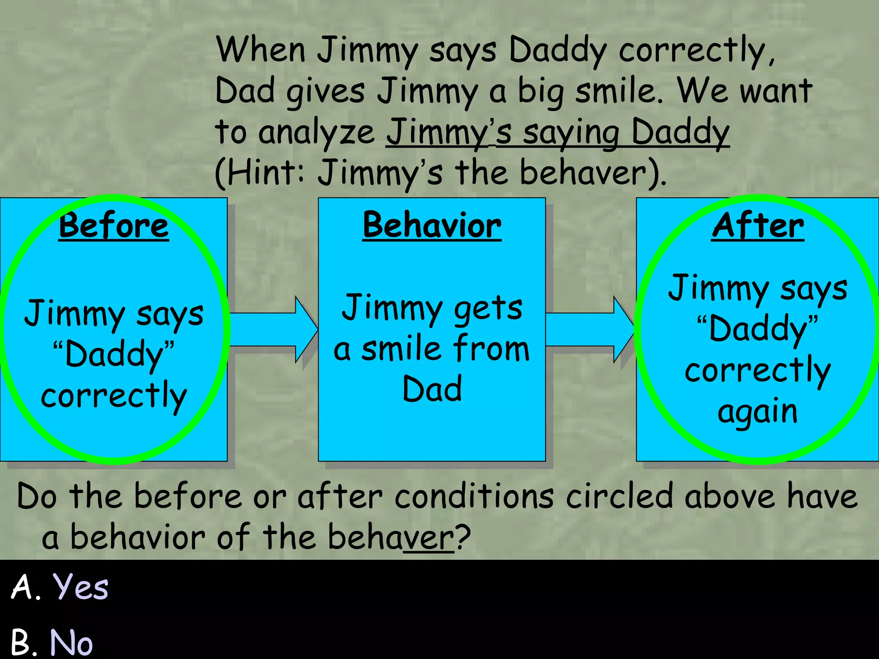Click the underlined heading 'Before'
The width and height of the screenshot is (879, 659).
(x=114, y=226)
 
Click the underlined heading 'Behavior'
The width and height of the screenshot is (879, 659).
(x=432, y=226)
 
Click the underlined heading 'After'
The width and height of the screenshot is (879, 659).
(x=758, y=226)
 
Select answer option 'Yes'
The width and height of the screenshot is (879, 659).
(x=80, y=587)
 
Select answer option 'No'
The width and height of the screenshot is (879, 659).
(x=71, y=642)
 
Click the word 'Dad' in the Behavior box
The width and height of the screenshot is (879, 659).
(x=432, y=389)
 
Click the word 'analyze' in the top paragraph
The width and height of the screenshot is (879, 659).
(x=317, y=132)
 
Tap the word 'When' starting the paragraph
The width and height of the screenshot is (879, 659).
(x=261, y=50)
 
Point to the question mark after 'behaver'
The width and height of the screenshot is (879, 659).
(x=464, y=537)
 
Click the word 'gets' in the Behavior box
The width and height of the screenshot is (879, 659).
(x=488, y=308)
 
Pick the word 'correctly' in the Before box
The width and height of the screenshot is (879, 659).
(x=114, y=396)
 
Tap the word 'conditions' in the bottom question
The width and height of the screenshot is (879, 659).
(x=474, y=497)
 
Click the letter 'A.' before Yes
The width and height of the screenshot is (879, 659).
(x=26, y=587)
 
